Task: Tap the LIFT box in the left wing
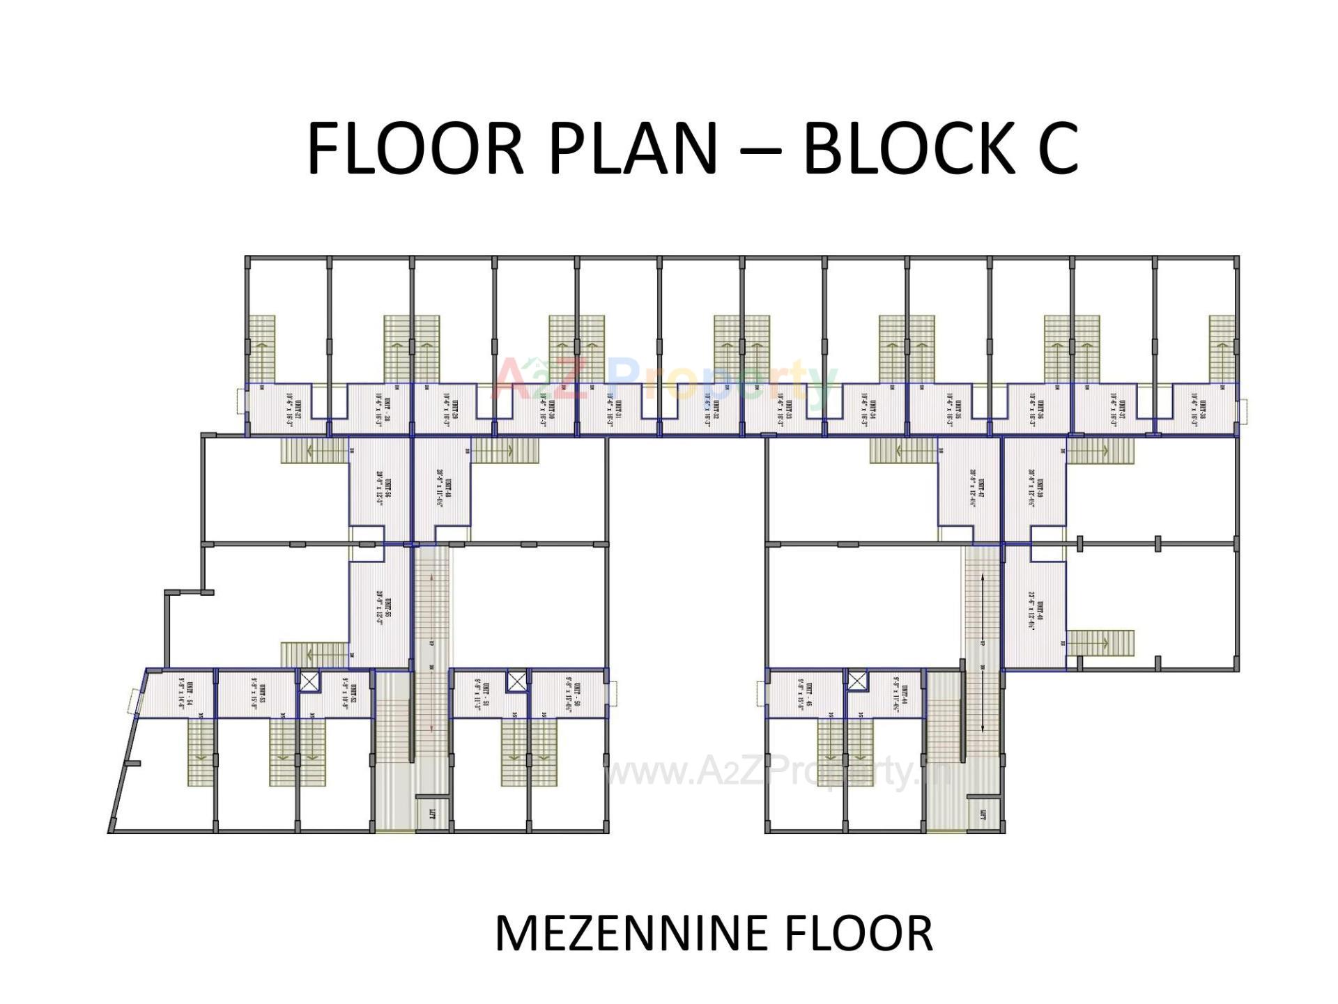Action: (x=432, y=812)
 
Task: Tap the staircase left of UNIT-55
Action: (x=314, y=654)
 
